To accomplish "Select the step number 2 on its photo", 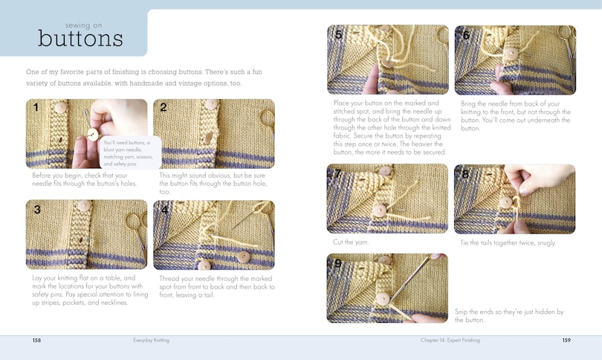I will (163, 108).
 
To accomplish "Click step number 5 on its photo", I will (338, 35).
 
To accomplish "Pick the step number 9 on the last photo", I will (338, 263).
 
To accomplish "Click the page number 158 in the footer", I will (36, 340).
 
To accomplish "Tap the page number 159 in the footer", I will (565, 340).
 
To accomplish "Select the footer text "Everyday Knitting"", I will (152, 340).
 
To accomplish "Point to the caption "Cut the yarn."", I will (349, 242).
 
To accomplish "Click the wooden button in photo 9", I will (383, 299).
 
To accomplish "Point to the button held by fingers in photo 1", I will (93, 135).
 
